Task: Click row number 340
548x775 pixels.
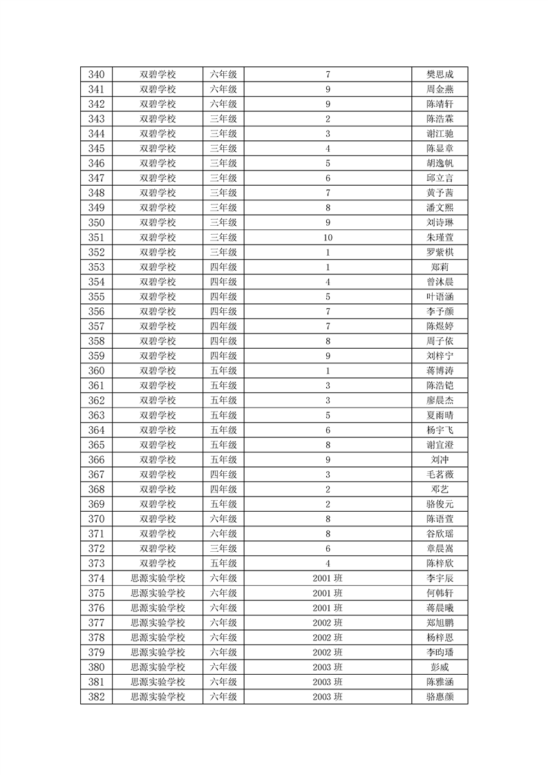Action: click(x=97, y=75)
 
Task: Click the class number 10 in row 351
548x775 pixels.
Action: click(x=328, y=238)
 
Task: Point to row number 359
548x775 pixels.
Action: click(x=97, y=356)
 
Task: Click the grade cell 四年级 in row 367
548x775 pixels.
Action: click(x=223, y=475)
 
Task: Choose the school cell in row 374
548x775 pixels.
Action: click(x=158, y=578)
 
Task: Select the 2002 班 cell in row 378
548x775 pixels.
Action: click(x=328, y=638)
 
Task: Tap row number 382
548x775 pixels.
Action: click(x=97, y=697)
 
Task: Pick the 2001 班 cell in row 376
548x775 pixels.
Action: click(x=328, y=608)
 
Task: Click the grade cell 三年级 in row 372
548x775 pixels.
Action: click(x=223, y=548)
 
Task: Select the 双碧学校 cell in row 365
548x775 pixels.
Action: click(x=158, y=445)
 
